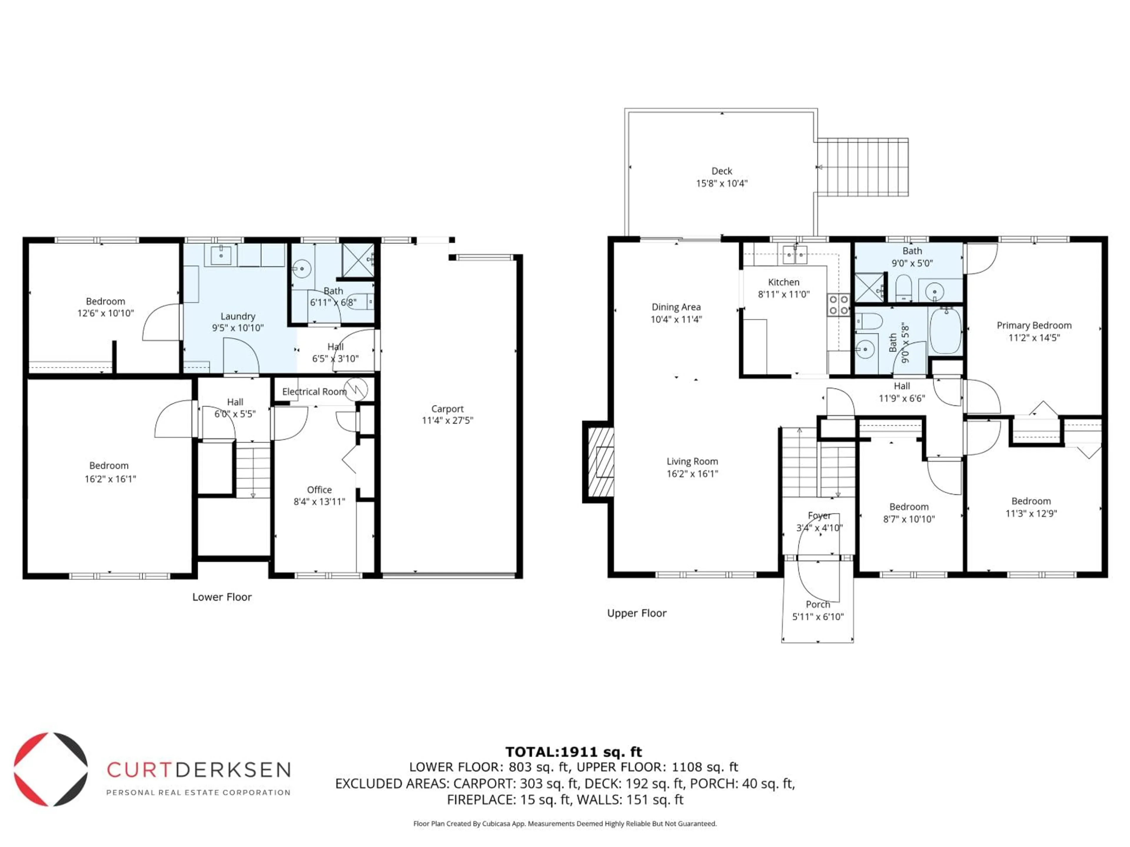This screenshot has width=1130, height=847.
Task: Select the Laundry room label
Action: tap(237, 316)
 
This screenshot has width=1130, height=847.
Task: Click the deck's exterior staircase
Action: tap(862, 167)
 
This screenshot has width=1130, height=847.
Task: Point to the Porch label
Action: tap(817, 604)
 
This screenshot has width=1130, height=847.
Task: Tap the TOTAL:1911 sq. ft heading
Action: tap(573, 751)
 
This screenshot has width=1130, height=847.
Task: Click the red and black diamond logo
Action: tap(51, 769)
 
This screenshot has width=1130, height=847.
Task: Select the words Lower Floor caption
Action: tap(222, 597)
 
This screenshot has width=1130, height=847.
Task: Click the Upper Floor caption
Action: tap(637, 613)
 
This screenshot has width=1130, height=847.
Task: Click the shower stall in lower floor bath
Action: tap(358, 260)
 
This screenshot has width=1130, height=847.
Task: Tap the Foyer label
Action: tap(819, 516)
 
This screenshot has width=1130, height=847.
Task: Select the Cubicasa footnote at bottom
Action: tap(564, 823)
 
